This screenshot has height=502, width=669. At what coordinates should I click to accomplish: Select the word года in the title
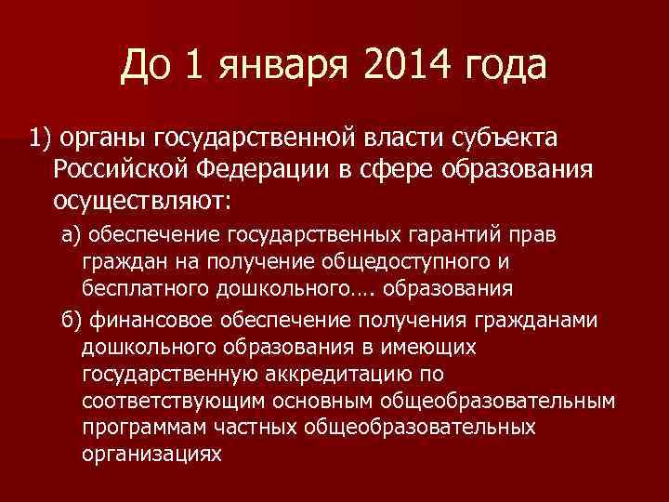pyautogui.click(x=500, y=67)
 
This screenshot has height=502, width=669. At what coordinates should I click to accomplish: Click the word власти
pyautogui.click(x=395, y=139)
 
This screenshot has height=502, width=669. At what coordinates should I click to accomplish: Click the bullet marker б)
pyautogui.click(x=71, y=321)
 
